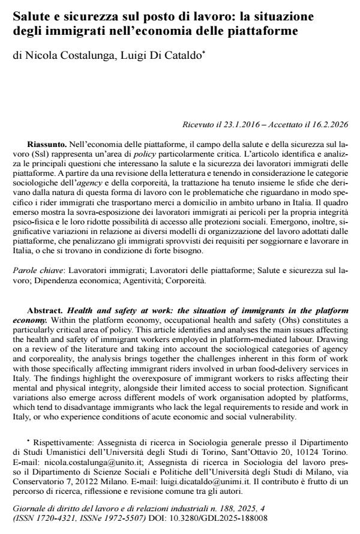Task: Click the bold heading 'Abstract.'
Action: click(x=46, y=311)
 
